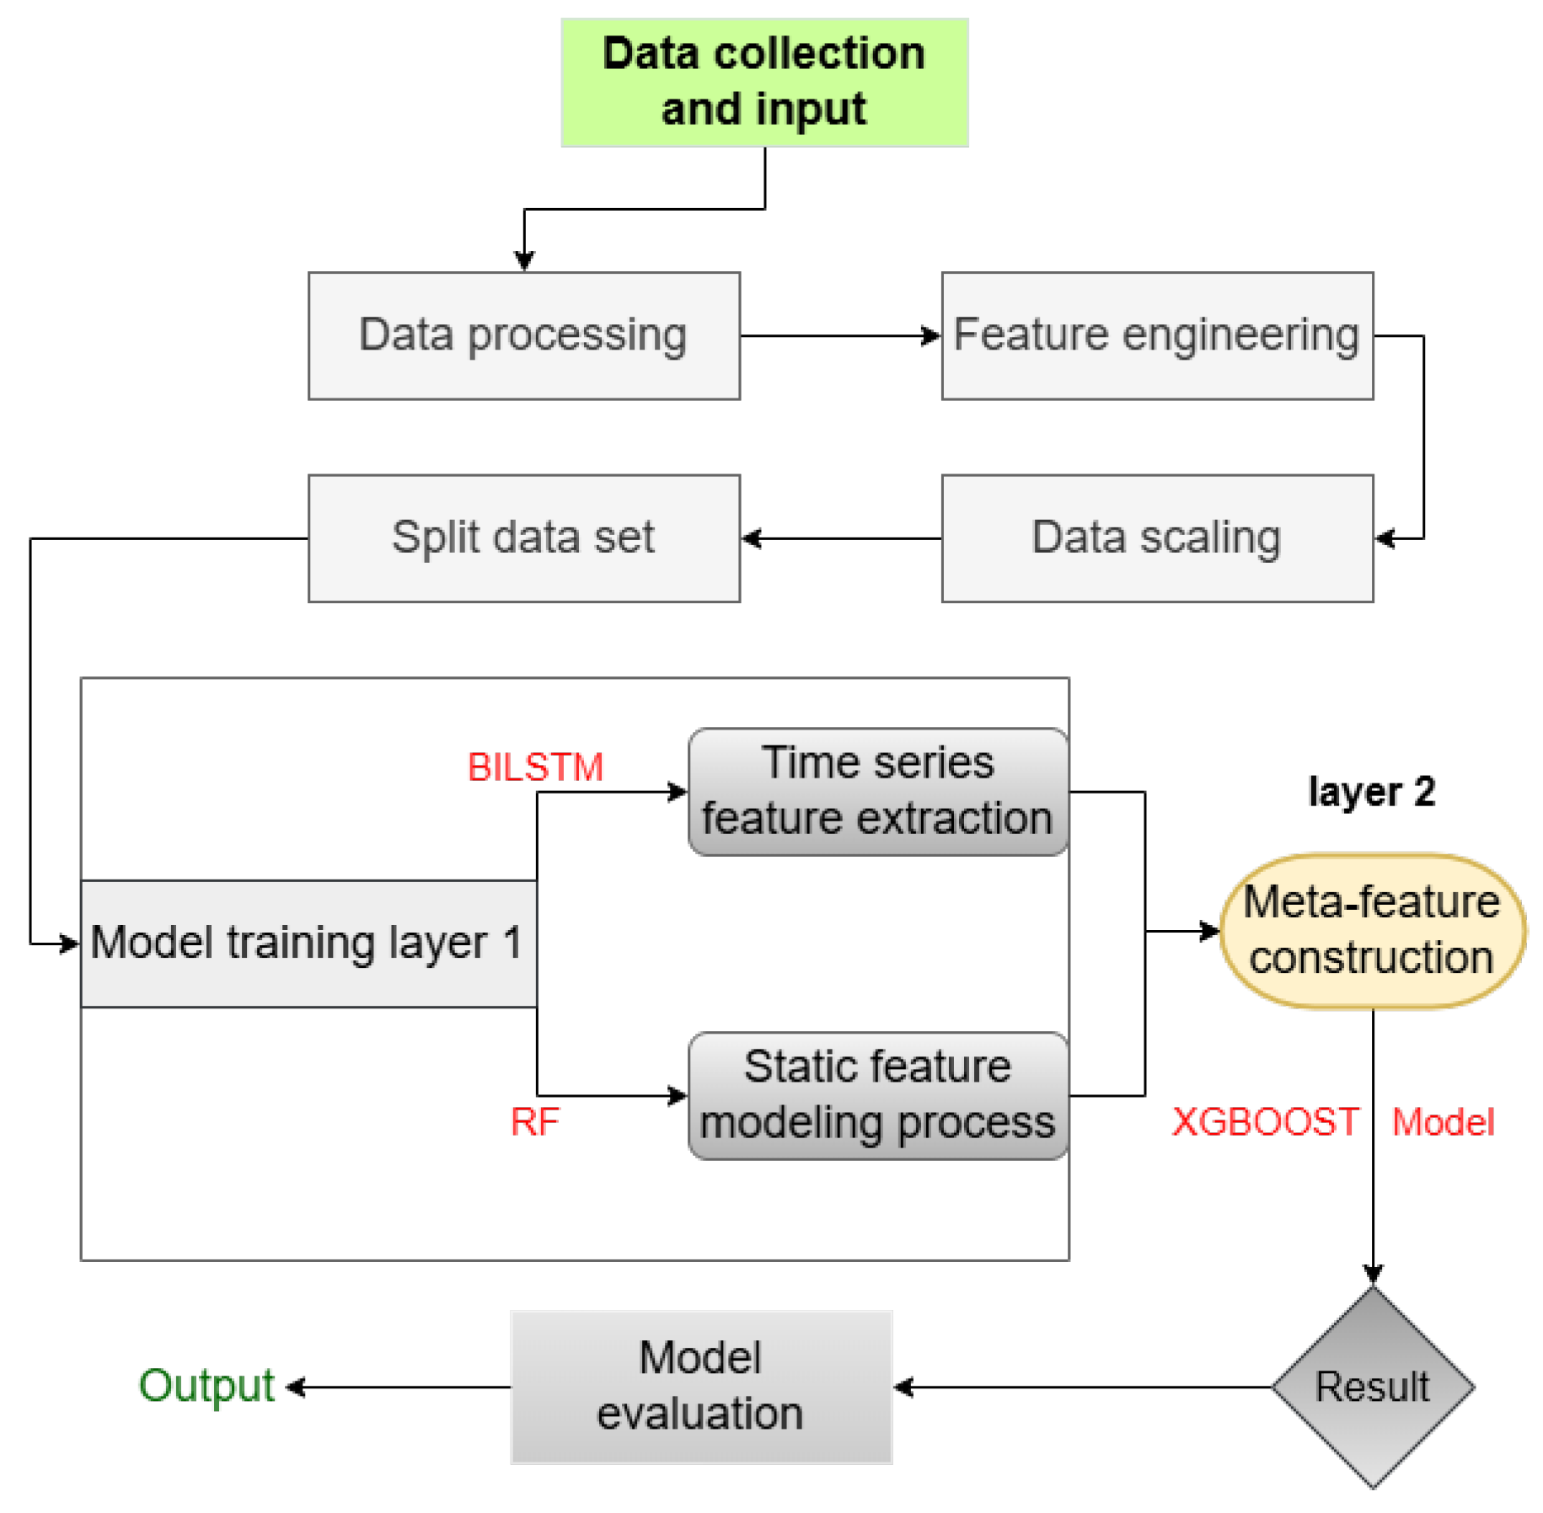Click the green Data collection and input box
pyautogui.click(x=763, y=82)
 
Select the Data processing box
pyautogui.click(x=523, y=335)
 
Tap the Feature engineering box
pyautogui.click(x=1156, y=335)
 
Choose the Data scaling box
pyautogui.click(x=1156, y=537)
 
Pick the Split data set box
pyautogui.click(x=523, y=537)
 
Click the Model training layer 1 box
pyautogui.click(x=308, y=943)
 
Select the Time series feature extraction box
pyautogui.click(x=877, y=791)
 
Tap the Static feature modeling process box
pyautogui.click(x=877, y=1094)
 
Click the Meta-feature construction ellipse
pyautogui.click(x=1371, y=930)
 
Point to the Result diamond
pyautogui.click(x=1372, y=1386)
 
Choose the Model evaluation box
pyautogui.click(x=700, y=1386)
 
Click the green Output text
pyautogui.click(x=206, y=1386)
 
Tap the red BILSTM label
pyautogui.click(x=535, y=767)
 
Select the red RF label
pyautogui.click(x=534, y=1121)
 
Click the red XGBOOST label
pyautogui.click(x=1265, y=1121)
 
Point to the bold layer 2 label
pyautogui.click(x=1371, y=791)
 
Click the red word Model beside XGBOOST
pyautogui.click(x=1443, y=1121)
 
